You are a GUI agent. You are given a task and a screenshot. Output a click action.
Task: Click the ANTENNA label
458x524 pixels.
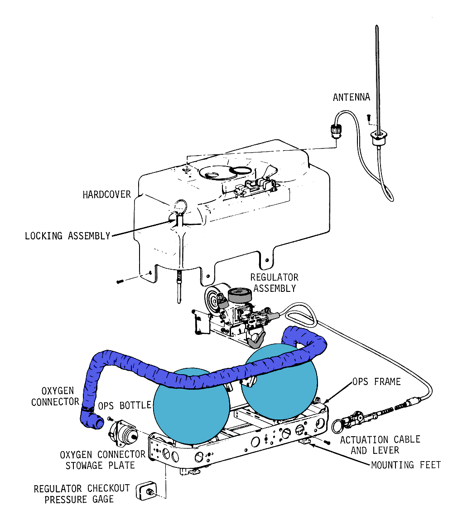[351, 97]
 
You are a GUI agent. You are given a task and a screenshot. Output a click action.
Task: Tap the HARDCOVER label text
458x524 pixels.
[106, 195]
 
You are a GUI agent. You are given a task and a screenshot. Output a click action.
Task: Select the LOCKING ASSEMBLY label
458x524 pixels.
[67, 236]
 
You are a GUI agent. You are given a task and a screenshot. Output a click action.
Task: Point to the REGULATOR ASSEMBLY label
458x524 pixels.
[274, 283]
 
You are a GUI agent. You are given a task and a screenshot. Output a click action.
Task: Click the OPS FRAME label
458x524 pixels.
[376, 382]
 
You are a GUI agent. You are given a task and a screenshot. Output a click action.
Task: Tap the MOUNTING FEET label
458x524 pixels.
[405, 465]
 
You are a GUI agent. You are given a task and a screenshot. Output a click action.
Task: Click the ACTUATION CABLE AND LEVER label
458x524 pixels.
[380, 445]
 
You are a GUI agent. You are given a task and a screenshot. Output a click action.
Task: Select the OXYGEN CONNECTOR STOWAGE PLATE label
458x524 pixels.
[102, 459]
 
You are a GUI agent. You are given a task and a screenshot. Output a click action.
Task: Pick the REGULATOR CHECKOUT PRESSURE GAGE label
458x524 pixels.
[82, 494]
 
